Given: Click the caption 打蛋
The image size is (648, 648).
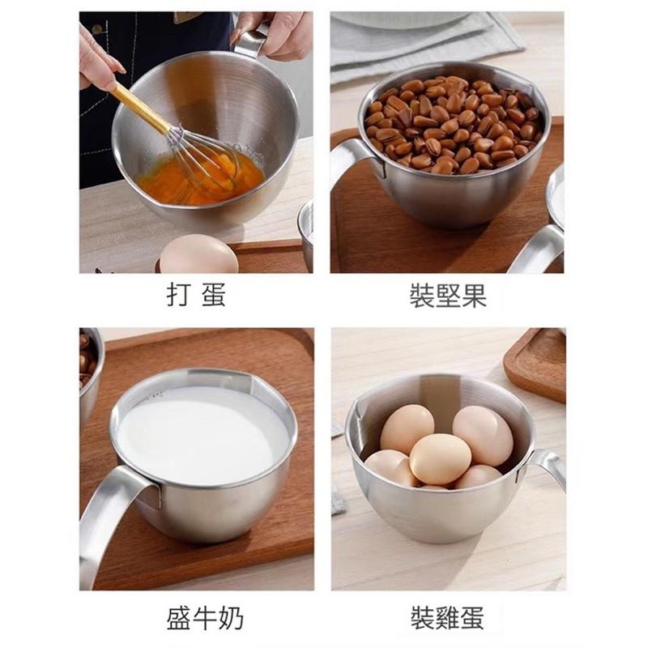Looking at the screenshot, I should [x=195, y=295].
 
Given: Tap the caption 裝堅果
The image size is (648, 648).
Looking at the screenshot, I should [x=448, y=295].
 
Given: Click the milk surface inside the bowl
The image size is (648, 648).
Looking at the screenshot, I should [x=202, y=433].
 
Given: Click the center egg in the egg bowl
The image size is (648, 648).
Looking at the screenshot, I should [x=439, y=458].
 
